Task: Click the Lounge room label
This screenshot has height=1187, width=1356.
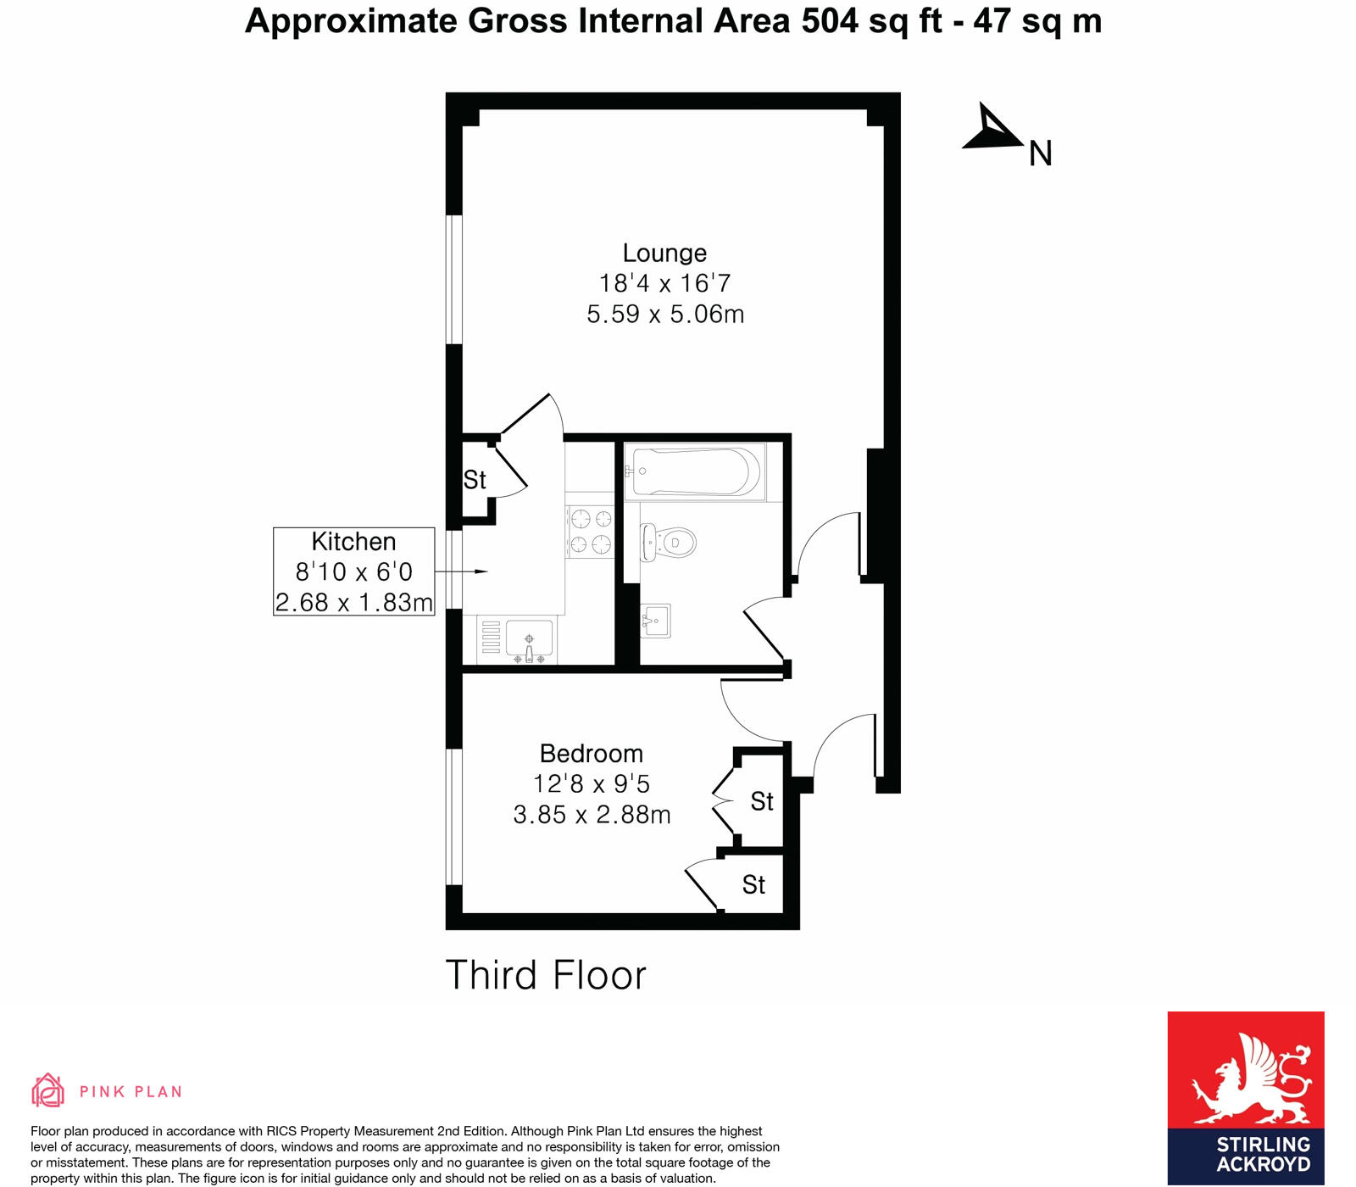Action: coord(664,253)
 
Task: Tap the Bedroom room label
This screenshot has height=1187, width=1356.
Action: coord(591,754)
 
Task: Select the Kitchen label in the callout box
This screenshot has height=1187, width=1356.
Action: coord(353,542)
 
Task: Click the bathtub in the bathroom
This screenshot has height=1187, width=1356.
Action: coord(696,472)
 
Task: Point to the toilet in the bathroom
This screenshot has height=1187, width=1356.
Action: coord(669,541)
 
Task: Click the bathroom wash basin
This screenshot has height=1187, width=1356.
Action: coord(655,621)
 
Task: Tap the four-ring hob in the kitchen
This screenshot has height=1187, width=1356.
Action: coord(591,531)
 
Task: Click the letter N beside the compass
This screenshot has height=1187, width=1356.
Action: coord(1040,154)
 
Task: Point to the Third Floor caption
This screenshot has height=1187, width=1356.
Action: coord(546,975)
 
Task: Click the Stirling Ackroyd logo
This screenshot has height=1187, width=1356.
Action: coord(1245,1097)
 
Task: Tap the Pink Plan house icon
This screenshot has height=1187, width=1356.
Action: coord(48,1090)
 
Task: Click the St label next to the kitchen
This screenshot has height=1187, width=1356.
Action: coord(475,480)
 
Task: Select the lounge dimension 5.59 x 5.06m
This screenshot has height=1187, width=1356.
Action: coord(665,315)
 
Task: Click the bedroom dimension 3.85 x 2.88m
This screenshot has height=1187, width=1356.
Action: coord(592,815)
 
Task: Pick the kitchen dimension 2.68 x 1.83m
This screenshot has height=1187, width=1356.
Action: coord(353,602)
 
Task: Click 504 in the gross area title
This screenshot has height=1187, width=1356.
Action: coord(830,21)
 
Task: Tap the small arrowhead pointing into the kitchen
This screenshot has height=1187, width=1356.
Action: coord(481,572)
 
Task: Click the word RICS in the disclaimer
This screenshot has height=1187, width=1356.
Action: coord(283,1131)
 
